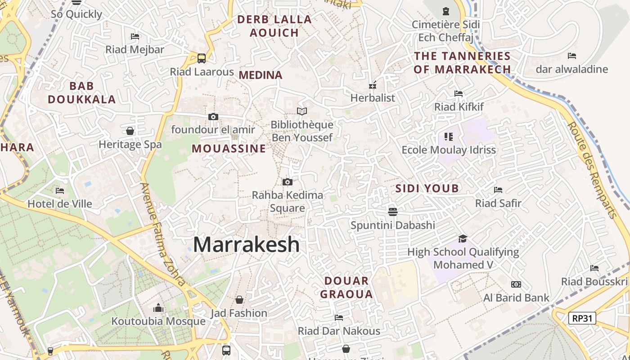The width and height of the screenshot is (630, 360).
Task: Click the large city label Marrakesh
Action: tap(246, 244)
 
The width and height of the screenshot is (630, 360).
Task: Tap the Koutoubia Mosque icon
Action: tap(158, 308)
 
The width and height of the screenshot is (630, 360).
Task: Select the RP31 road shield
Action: tap(582, 318)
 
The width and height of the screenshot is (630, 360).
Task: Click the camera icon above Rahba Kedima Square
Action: tap(288, 182)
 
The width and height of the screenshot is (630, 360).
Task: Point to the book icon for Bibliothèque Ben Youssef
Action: tap(302, 111)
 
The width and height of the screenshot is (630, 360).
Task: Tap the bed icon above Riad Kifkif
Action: tap(459, 94)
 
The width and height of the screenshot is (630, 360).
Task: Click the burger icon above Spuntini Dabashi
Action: tap(393, 211)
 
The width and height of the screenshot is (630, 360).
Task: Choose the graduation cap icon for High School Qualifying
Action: tap(463, 238)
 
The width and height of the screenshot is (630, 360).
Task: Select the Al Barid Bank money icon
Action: tap(516, 284)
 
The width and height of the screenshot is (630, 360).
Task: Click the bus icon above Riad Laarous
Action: tap(202, 58)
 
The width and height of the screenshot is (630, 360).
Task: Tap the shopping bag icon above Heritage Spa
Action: tap(130, 131)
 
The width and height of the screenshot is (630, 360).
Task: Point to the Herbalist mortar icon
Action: tap(373, 85)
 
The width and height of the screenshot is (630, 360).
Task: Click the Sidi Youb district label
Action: tap(427, 189)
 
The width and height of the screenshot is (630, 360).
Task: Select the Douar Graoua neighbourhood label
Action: tap(349, 288)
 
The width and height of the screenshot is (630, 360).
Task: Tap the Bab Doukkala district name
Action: tap(82, 93)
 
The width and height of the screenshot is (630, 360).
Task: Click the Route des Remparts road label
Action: tap(592, 170)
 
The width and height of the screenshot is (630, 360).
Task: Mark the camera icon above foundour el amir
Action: tap(213, 117)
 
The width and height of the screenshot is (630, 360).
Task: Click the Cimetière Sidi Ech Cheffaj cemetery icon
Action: tap(446, 11)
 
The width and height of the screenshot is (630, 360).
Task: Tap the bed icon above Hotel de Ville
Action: tap(60, 191)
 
